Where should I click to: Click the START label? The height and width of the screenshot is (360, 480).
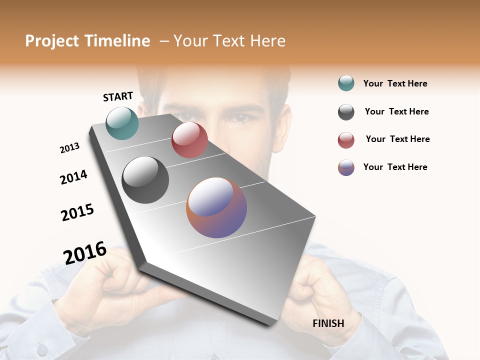coord(118,96)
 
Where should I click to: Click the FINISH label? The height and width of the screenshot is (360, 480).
coord(328,323)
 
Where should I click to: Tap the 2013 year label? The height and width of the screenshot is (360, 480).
coord(69,148)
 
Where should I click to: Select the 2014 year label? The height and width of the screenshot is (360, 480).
coord(73,177)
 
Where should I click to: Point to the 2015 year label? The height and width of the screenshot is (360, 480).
coord(77,212)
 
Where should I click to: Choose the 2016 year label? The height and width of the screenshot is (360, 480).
coord(85,252)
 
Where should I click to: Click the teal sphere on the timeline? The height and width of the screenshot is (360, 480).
coord(122,123)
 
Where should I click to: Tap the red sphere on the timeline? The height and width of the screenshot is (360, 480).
coord(189,140)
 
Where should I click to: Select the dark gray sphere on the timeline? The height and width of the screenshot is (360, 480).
coord(145,180)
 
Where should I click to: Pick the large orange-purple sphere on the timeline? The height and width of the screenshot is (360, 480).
coord(216,207)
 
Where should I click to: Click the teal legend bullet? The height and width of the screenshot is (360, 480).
coord(346,83)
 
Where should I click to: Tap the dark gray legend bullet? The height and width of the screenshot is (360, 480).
coord(346,112)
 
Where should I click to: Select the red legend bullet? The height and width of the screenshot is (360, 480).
coord(346,140)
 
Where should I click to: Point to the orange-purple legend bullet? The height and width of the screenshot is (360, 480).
coord(346,167)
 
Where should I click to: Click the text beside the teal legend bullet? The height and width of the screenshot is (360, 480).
coord(395,83)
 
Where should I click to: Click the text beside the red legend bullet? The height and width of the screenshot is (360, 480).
coord(397,139)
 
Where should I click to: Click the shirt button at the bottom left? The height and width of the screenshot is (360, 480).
coord(42,349)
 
